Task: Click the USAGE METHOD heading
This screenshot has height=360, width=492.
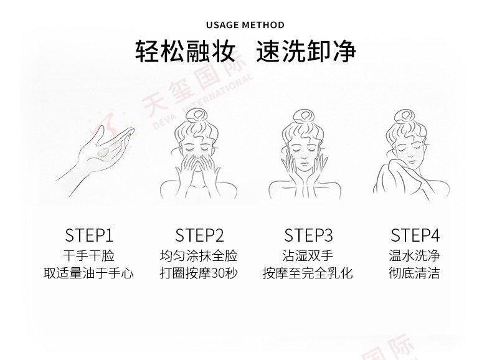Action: point(245,25)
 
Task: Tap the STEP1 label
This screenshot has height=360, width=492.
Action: point(89,235)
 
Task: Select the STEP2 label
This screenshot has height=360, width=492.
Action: point(199,235)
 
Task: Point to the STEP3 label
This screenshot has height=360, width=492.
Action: point(308,235)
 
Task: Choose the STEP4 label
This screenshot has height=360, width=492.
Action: point(415,235)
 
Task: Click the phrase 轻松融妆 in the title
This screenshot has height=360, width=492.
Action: point(185,51)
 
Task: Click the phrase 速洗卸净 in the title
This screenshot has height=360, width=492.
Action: point(306,51)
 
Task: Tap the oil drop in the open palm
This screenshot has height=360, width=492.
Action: point(103,152)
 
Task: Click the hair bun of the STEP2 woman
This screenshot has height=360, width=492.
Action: point(196,116)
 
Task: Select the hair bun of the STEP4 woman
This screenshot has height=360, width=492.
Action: point(405,116)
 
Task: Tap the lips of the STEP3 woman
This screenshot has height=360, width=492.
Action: point(304,164)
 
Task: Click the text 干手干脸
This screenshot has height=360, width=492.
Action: point(89,256)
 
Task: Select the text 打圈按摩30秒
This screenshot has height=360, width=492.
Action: point(199,273)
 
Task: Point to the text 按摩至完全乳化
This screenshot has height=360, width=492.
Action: point(308,273)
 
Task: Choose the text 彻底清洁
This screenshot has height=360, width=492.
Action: point(414,273)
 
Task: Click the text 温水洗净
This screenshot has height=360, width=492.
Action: point(414,256)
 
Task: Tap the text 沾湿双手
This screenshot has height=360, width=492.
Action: point(308,256)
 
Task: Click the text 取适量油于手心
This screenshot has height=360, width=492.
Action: point(88,273)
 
